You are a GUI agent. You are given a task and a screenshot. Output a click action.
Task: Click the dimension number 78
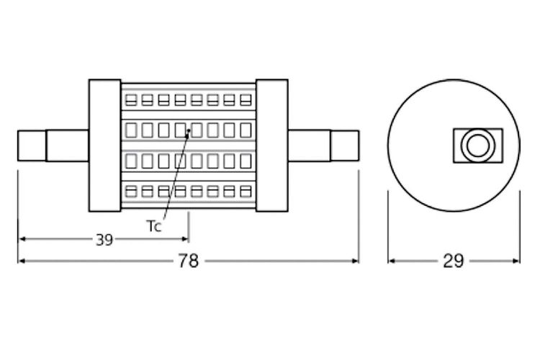point(189,261)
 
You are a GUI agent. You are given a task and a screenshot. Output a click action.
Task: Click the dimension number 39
point(104,240)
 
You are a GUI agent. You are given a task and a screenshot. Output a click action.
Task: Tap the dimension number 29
point(453,261)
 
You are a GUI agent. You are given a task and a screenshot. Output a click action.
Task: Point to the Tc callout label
point(154,226)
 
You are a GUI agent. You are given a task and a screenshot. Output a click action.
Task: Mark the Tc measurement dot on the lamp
point(189,131)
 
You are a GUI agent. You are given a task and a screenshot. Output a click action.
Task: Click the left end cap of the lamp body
point(104,145)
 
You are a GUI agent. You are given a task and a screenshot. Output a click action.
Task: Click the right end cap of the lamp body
point(272,145)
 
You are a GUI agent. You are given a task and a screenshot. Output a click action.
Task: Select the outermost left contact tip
point(32,145)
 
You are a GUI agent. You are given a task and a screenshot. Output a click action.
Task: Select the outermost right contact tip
point(345,145)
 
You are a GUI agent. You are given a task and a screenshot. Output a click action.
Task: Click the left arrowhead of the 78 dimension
point(22,261)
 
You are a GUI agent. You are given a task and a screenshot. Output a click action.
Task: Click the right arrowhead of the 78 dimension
point(355,261)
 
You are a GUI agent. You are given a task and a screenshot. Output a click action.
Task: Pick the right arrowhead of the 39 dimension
point(184,239)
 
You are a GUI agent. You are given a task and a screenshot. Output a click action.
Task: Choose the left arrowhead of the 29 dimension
point(392,261)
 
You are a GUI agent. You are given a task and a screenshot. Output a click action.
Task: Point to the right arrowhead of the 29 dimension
point(516,261)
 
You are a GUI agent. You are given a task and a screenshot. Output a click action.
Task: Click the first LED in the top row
point(130,100)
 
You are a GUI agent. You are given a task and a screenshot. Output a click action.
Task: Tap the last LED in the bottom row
point(246,192)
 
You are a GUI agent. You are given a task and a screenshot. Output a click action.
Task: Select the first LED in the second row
point(130,130)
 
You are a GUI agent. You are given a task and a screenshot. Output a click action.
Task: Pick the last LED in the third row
point(246,161)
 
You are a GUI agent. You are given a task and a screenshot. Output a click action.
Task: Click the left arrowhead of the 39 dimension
point(22,239)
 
